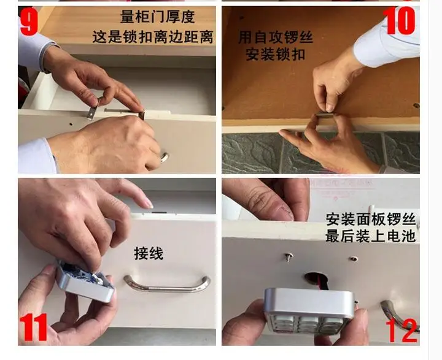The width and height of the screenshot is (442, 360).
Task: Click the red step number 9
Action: click(29, 21)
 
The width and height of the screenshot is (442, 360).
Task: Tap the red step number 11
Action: click(33, 327)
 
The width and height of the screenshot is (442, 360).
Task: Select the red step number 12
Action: click(401, 331)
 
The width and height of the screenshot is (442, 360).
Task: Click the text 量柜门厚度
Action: click(158, 17)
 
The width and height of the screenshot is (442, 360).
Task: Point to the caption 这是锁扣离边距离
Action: click(153, 37)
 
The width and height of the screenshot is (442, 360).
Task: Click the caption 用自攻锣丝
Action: click(276, 37)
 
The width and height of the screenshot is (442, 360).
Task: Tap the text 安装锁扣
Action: click(276, 55)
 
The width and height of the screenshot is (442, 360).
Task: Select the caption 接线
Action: click(149, 253)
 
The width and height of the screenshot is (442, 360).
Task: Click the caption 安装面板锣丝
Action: click(371, 220)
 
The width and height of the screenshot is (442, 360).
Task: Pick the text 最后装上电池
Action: click(371, 236)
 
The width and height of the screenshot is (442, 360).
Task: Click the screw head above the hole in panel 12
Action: click(289, 256)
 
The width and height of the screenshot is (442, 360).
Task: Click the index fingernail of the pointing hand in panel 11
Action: click(148, 204)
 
